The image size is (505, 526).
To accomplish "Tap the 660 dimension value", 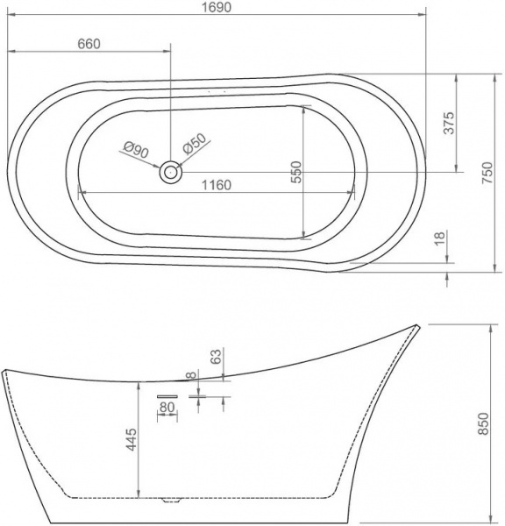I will (x=89, y=45).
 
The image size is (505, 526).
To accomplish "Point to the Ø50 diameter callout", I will (x=194, y=143).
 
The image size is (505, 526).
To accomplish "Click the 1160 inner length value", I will (x=215, y=184).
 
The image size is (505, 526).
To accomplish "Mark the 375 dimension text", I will (x=448, y=124).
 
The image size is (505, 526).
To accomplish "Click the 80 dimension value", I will (x=167, y=407).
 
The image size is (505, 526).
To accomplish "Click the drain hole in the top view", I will (x=169, y=172).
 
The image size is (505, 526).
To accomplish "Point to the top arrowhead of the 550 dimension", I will (x=302, y=109).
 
